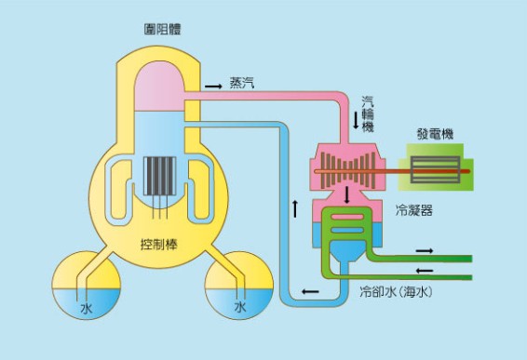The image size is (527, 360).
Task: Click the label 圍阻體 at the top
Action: (x=155, y=31)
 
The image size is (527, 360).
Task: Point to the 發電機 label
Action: (x=434, y=135)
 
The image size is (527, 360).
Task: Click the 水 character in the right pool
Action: (x=239, y=306)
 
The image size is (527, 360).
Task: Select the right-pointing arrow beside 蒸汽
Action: (x=213, y=85)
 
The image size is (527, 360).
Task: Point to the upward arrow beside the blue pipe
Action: (x=295, y=206)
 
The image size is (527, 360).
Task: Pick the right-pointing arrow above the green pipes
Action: (x=424, y=250)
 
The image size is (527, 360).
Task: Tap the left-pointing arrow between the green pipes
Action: (x=424, y=269)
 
